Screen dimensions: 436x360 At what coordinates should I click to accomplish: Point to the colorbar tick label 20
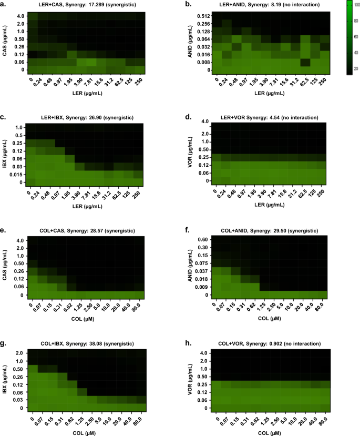(x=356, y=68)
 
